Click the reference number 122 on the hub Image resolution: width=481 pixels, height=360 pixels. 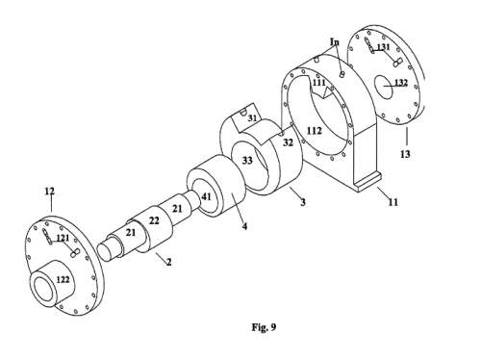tap(63, 279)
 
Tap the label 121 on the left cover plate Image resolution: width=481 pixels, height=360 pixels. tap(63, 238)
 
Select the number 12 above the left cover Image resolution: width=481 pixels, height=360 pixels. tap(49, 192)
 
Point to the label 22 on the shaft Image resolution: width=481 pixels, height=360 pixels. tap(154, 220)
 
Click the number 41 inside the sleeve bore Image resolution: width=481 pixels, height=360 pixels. tap(206, 196)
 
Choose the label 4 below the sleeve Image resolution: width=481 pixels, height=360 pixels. tap(244, 226)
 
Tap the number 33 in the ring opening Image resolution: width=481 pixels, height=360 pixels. tap(247, 160)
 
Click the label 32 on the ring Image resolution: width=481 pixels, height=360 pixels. tap(288, 142)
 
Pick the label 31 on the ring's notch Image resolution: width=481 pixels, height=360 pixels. tap(253, 118)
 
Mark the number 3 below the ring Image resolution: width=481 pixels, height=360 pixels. tap(303, 202)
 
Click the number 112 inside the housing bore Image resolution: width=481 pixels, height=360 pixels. tap(314, 131)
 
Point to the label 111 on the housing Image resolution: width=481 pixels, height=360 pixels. tap(319, 83)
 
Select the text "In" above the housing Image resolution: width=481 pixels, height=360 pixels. tap(335, 42)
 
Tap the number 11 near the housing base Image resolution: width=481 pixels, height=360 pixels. tap(392, 202)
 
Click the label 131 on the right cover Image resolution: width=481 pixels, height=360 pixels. tap(383, 47)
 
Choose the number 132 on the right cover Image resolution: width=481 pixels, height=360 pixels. tap(401, 83)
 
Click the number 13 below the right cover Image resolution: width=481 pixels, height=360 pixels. tap(405, 154)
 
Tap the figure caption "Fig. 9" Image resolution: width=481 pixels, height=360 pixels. tap(264, 327)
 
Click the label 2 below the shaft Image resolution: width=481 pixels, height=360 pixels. tap(168, 262)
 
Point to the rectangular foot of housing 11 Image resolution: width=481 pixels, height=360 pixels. tap(367, 182)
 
